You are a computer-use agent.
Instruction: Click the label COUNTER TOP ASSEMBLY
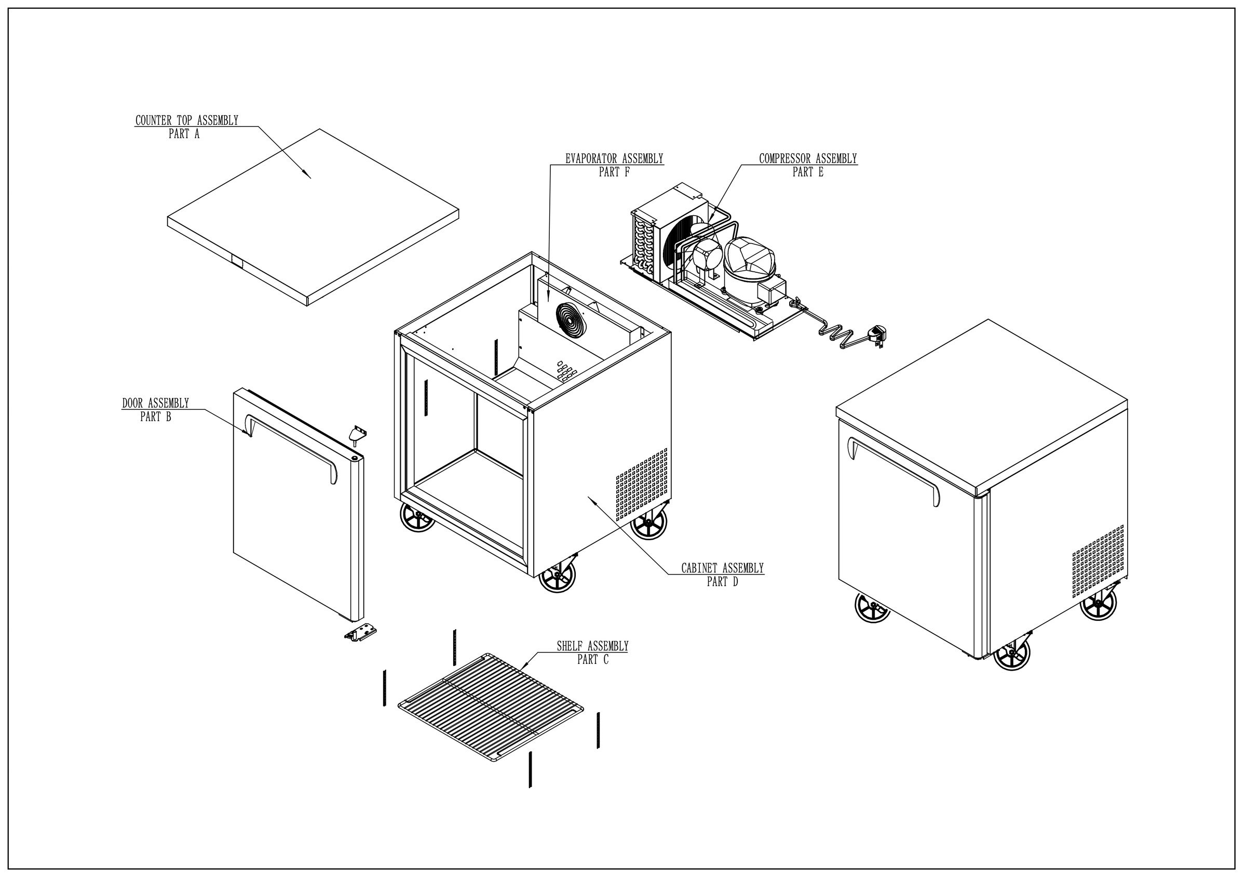(x=187, y=121)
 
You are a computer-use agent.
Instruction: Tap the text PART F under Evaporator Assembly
(x=614, y=172)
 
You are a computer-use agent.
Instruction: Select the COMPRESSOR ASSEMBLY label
(x=807, y=158)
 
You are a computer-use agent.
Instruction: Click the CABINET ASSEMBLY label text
(x=722, y=568)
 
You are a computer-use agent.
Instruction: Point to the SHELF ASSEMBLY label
(x=592, y=646)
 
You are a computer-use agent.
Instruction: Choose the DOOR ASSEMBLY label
(x=155, y=403)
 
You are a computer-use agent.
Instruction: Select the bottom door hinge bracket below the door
(x=360, y=632)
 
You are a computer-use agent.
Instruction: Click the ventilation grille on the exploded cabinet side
(x=642, y=482)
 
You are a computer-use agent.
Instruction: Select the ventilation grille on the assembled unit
(x=1098, y=562)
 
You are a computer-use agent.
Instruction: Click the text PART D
(x=722, y=582)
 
